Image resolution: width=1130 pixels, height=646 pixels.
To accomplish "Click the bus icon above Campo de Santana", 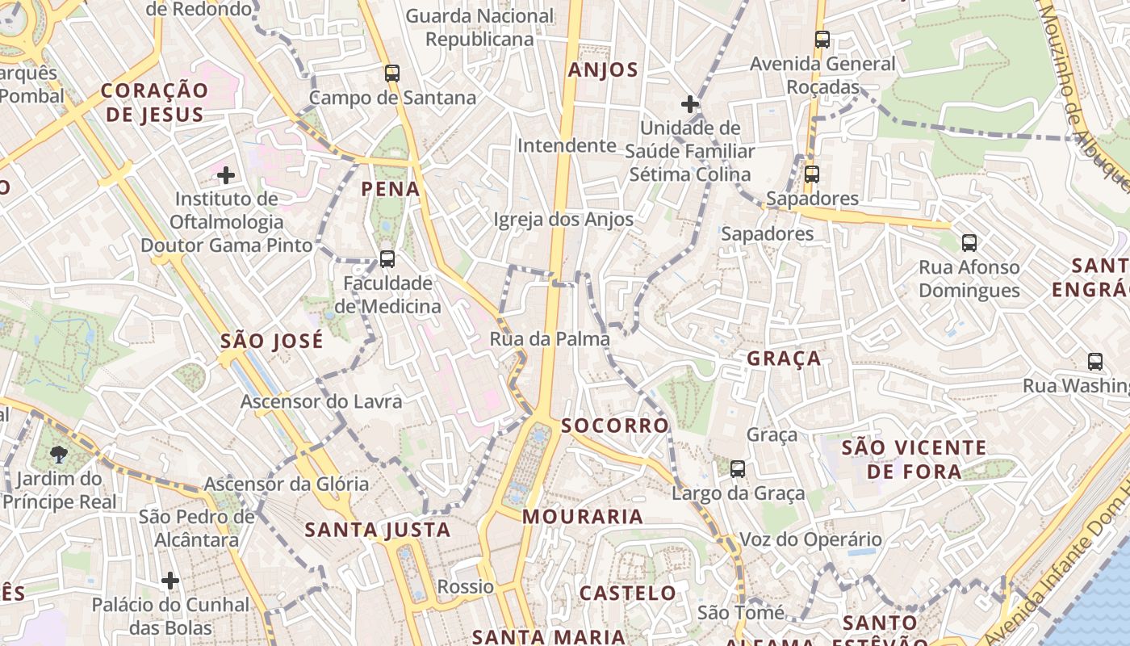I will coord(392,73).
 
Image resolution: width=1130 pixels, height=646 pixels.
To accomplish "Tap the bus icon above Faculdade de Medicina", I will coord(387,259).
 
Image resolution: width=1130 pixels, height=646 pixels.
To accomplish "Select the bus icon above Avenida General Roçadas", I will coord(822,40).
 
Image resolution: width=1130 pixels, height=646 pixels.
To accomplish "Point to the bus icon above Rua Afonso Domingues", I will coord(969,242).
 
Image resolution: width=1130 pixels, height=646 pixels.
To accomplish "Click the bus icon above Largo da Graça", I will coord(738,469).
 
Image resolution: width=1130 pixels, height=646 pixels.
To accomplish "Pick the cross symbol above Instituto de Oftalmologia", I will coord(226,174).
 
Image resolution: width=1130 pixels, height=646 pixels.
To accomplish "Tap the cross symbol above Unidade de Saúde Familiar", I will coord(690,103).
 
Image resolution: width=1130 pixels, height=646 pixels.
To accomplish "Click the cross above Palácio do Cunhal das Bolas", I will coord(170,580).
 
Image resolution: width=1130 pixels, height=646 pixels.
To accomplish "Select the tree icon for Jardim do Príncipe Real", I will coord(59,454).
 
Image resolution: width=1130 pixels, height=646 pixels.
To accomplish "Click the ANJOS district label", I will coord(603,70).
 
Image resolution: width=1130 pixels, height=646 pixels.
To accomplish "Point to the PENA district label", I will coord(391,189).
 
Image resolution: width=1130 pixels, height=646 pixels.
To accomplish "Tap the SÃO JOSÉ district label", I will coord(272,341).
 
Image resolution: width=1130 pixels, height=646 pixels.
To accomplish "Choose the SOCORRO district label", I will coord(615,426).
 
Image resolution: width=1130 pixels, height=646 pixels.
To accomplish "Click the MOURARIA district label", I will coord(583,516).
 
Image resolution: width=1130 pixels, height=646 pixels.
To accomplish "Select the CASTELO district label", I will coord(628,594).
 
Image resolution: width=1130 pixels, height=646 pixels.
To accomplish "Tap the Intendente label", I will coord(567,145).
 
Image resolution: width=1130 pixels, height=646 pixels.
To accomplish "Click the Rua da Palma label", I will coord(550,339).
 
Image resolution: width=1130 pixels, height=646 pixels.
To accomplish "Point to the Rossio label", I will coord(465,586).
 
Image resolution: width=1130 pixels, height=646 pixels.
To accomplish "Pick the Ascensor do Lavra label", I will coord(321,401).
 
